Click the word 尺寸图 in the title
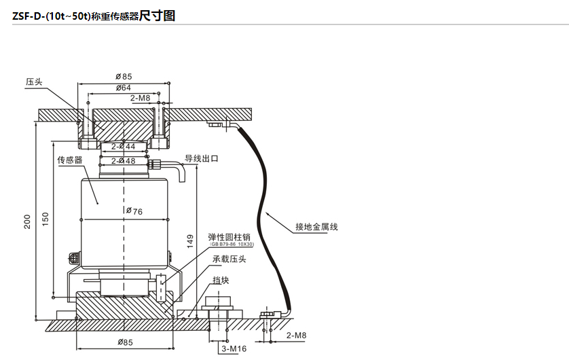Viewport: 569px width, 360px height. click(157, 16)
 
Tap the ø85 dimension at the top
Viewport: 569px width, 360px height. click(123, 77)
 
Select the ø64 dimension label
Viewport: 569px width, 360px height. click(123, 88)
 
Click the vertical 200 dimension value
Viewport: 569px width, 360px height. click(28, 222)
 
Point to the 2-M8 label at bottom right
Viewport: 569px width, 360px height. click(296, 336)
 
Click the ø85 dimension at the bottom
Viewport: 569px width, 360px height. click(123, 341)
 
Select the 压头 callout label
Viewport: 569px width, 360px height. click(34, 82)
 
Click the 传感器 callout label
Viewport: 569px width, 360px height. click(69, 160)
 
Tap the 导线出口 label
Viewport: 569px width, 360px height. click(202, 158)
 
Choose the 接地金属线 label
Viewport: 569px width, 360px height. click(316, 227)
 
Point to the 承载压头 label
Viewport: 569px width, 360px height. click(229, 259)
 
